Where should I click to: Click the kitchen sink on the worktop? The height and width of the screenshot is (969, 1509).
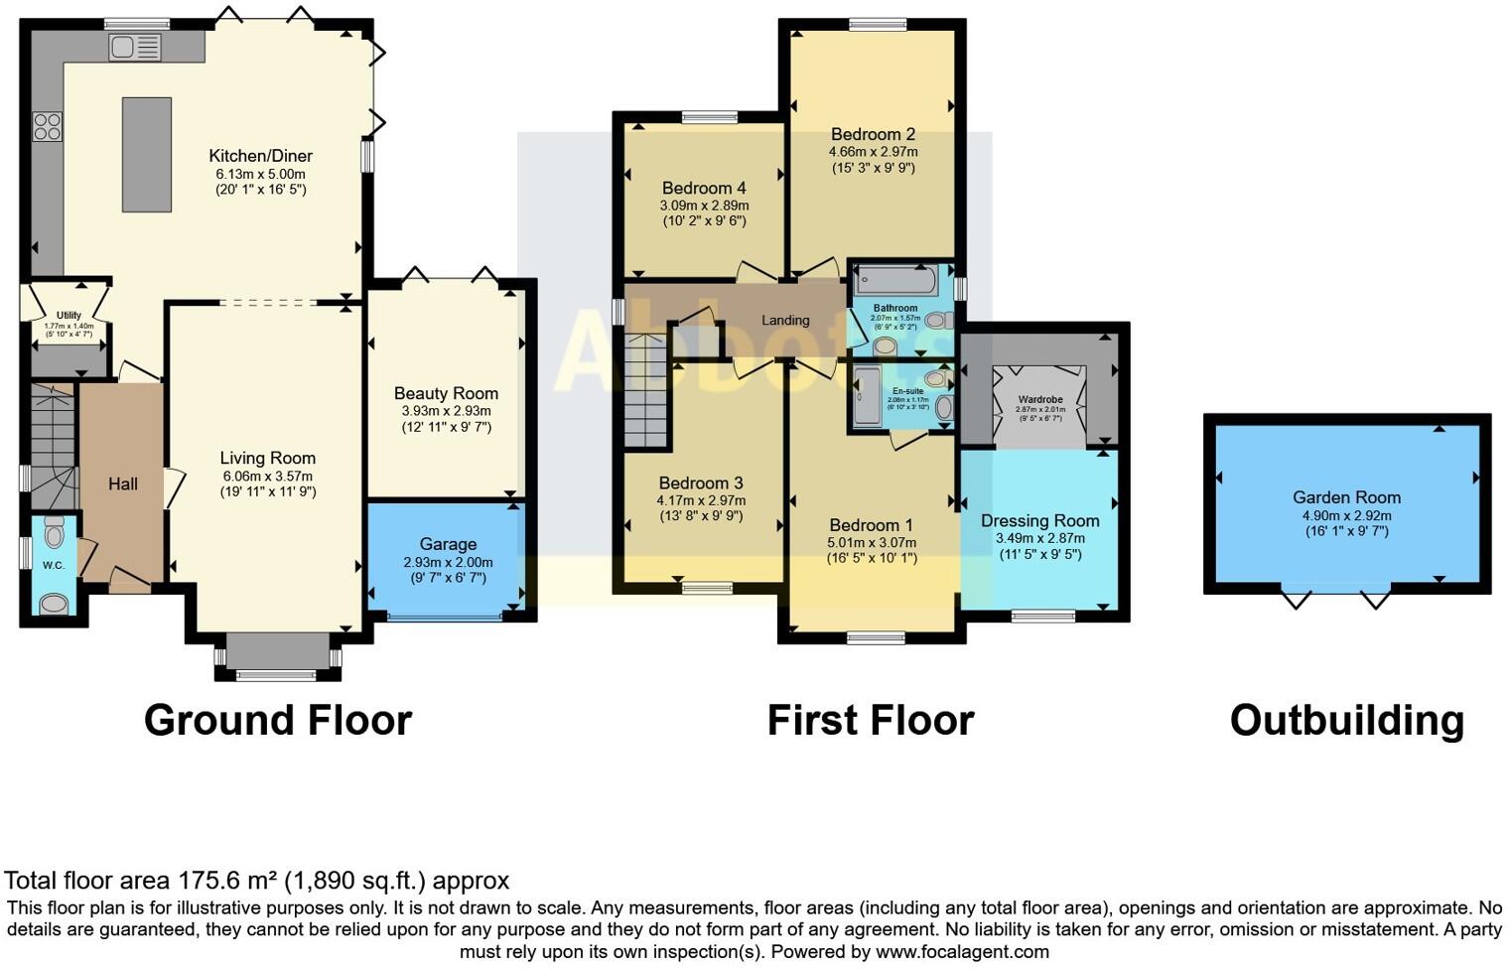[x=135, y=47]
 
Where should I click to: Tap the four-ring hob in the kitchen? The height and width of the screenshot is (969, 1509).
[x=48, y=127]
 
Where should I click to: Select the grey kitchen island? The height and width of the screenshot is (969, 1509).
[x=147, y=154]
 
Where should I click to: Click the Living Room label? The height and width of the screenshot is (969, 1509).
[x=268, y=458]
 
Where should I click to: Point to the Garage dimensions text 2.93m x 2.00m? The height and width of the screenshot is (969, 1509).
[x=448, y=562]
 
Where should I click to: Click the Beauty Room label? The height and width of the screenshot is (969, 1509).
[x=446, y=393]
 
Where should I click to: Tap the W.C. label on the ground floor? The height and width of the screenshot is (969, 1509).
[x=53, y=565]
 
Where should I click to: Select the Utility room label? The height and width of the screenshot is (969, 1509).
[x=69, y=315]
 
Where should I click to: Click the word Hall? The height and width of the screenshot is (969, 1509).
[x=123, y=484]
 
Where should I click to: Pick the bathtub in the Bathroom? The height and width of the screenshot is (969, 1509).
[x=895, y=281]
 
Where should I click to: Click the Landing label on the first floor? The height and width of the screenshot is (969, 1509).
[x=785, y=320]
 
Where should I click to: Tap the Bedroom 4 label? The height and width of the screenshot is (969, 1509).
[x=704, y=188]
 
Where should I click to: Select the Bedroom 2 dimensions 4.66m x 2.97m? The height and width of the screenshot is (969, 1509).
[x=873, y=152]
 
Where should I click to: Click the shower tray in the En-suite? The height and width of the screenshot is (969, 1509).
[x=867, y=395]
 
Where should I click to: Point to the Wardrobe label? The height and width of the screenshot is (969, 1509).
[x=1039, y=399]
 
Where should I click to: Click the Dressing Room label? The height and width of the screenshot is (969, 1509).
[x=1039, y=520]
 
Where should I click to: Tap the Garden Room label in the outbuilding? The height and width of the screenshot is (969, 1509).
[x=1346, y=497]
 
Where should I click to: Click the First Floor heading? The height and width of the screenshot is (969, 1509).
[x=871, y=720]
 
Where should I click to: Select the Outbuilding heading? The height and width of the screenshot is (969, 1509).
[x=1346, y=720]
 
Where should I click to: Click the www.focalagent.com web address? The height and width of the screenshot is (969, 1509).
[x=961, y=951]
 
